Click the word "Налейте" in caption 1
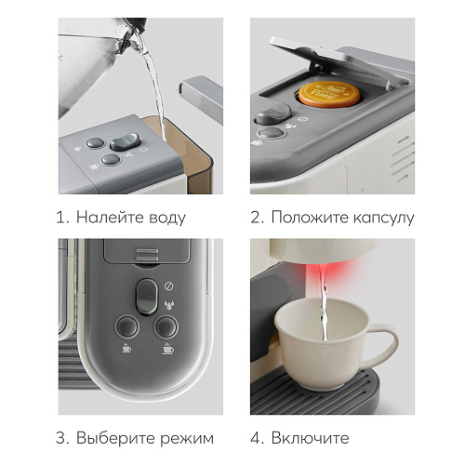110,218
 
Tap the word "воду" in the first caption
167,219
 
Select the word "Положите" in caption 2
310,218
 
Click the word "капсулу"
384,219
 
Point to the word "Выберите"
115,439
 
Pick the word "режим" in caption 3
187,440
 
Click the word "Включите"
310,438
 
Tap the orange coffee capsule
329,95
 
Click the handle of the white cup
383,344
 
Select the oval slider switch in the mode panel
147,297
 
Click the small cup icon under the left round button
126,348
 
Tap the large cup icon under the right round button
167,349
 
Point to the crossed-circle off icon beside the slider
169,286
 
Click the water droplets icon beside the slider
169,305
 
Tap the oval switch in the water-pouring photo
126,142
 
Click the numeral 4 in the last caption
257,438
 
